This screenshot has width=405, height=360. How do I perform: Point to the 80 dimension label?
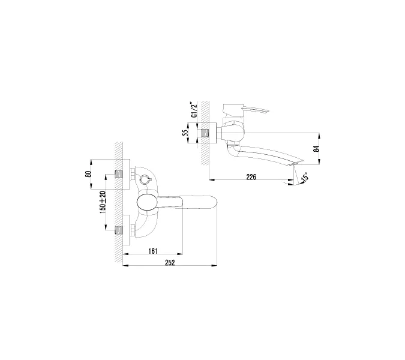pos(88,174)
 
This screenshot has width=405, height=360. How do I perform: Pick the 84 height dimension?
pos(317,148)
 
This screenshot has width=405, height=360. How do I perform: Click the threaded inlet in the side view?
pos(208,132)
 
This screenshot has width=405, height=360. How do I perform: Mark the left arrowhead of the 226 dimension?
pos(210,179)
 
